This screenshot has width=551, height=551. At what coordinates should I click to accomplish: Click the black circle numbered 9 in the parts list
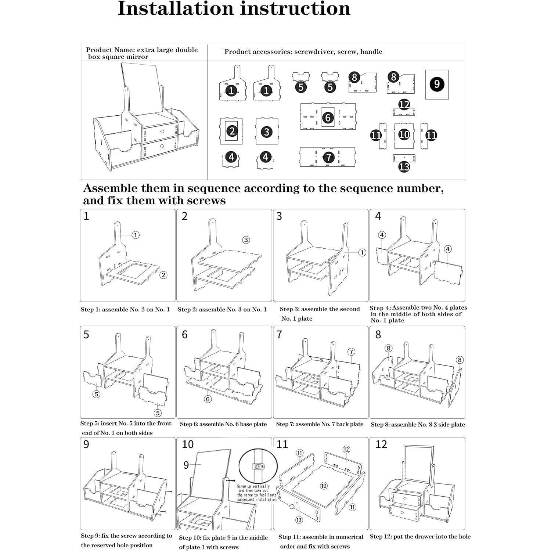point(437,84)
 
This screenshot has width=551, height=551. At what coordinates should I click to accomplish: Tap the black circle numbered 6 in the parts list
point(328,118)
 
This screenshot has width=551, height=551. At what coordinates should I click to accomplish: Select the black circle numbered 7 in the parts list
point(328,158)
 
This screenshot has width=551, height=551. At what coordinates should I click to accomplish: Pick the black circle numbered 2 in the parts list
point(231,131)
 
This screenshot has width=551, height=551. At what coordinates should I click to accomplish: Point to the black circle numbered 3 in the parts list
point(267,132)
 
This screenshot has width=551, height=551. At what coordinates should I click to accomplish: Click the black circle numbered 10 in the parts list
point(404,134)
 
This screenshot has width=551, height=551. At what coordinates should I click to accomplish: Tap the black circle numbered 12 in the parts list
point(404,105)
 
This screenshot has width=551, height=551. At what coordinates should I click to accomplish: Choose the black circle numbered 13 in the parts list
point(404,167)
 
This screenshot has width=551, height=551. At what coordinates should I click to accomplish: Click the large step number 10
point(188,444)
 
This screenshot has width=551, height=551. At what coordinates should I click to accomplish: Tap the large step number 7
point(279,334)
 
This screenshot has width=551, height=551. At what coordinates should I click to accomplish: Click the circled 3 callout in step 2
point(246,240)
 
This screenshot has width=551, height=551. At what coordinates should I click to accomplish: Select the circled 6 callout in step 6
point(208,399)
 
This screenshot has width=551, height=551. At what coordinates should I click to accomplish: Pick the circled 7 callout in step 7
point(352,352)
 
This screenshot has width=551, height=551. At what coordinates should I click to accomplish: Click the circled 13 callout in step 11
point(299,520)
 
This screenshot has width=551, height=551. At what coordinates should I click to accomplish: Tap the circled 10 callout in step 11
point(324,486)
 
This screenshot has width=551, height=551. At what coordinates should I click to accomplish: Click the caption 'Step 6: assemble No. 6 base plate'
point(223,424)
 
